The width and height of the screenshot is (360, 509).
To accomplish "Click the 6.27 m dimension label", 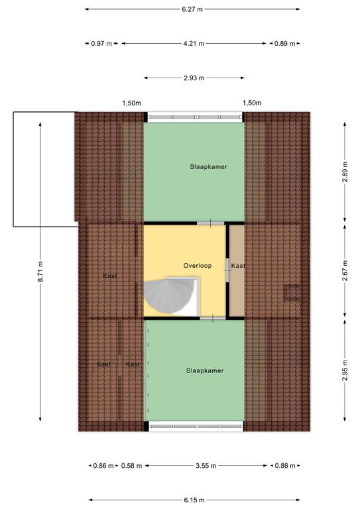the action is tap(192, 9).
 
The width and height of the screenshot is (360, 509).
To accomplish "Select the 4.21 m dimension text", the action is tap(194, 43).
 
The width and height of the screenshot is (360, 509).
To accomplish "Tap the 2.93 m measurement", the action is tap(194, 78).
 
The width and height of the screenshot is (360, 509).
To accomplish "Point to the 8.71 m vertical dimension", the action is tap(40, 271).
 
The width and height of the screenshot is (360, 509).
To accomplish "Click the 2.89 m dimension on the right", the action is tap(345, 172).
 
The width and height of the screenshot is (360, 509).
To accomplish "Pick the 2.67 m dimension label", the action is tap(345, 270).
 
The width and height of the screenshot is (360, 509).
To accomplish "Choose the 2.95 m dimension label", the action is tap(345, 370).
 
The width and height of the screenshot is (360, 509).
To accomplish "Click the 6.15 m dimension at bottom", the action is tap(194, 500).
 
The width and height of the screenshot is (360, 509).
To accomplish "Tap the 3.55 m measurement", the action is tap(206, 466).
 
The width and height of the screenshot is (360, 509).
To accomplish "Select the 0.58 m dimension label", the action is tap(131, 466).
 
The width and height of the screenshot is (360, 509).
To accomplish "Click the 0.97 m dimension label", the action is tap(101, 43).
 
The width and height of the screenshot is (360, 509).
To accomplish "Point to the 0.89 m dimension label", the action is tap(284, 43).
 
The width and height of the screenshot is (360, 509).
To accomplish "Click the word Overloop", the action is tap(198, 266).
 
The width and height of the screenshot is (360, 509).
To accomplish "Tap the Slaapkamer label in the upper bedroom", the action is tap(208, 167).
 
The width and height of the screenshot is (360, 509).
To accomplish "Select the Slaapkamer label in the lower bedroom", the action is tap(205, 370).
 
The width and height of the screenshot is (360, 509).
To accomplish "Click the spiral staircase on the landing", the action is tap(170, 296).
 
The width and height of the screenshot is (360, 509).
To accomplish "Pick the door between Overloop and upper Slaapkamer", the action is tap(210, 223).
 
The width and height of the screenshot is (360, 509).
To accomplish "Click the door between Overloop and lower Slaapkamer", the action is tap(213, 318).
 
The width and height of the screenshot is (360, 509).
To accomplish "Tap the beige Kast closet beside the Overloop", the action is tap(237, 270).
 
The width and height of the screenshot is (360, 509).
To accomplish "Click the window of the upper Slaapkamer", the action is tap(194, 117).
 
